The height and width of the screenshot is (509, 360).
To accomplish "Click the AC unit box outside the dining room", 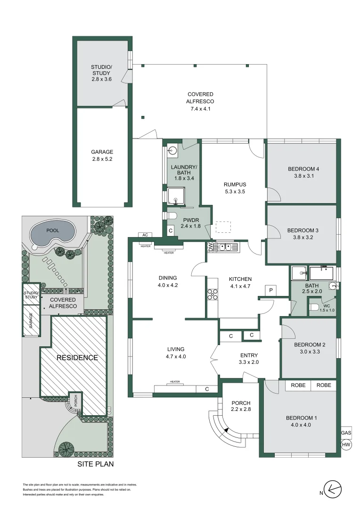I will [145, 235].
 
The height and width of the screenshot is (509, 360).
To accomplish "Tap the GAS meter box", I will [346, 433].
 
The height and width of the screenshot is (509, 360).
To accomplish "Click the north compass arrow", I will [334, 490].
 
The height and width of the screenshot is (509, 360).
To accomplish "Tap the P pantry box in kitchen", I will [271, 290].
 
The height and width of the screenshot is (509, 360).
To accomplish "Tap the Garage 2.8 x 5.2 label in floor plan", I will [102, 156].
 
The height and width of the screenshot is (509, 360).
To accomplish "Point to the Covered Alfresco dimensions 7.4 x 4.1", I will [201, 109].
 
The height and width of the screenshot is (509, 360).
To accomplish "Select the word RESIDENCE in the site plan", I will [77, 358].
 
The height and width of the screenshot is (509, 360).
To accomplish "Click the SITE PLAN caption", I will [96, 464].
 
